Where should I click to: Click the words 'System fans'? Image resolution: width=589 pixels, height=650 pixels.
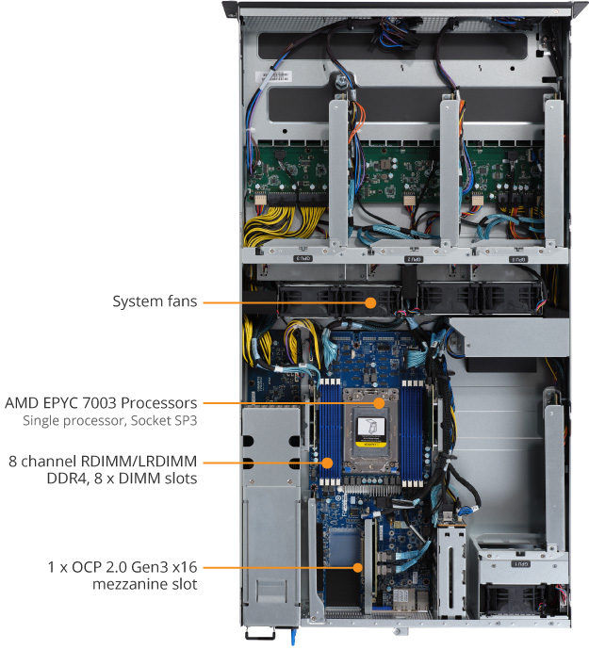coord(155,302)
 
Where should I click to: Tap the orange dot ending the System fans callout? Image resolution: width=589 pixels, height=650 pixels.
coord(370,302)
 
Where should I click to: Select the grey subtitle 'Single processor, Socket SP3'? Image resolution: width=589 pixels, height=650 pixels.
coord(111,419)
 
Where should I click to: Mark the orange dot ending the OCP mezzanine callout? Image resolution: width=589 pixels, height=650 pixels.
coord(359,567)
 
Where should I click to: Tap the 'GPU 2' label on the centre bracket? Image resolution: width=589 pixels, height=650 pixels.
coord(413,257)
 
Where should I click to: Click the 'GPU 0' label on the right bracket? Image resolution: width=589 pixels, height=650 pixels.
coord(517,257)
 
